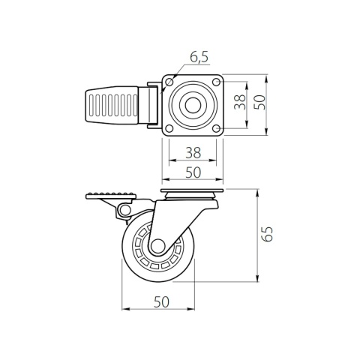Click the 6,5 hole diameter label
pyautogui.click(x=199, y=58)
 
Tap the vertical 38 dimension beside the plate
pyautogui.click(x=240, y=102)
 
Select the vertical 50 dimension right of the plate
pyautogui.click(x=259, y=102)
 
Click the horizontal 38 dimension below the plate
pyautogui.click(x=193, y=152)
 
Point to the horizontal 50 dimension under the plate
pyautogui.click(x=193, y=172)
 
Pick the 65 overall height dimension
pyautogui.click(x=267, y=234)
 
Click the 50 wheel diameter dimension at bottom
pyautogui.click(x=161, y=301)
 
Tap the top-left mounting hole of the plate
pyautogui.click(x=169, y=82)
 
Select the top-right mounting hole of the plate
pyautogui.click(x=216, y=82)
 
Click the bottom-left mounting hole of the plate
pyautogui.click(x=169, y=128)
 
